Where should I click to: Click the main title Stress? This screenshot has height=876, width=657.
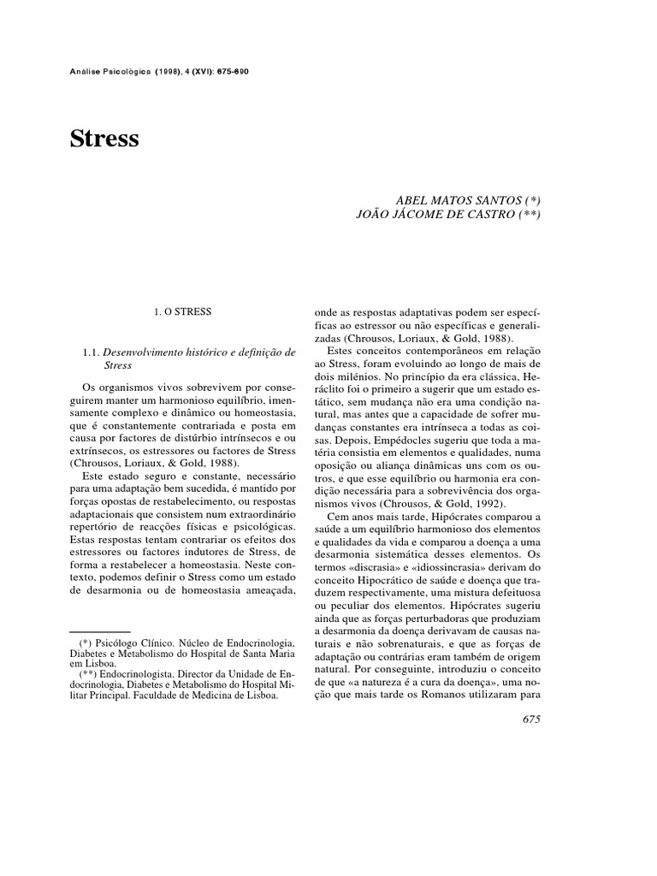[x=104, y=139]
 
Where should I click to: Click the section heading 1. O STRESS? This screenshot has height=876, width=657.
[x=183, y=313]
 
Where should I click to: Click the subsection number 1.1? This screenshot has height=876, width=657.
[x=91, y=352]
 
